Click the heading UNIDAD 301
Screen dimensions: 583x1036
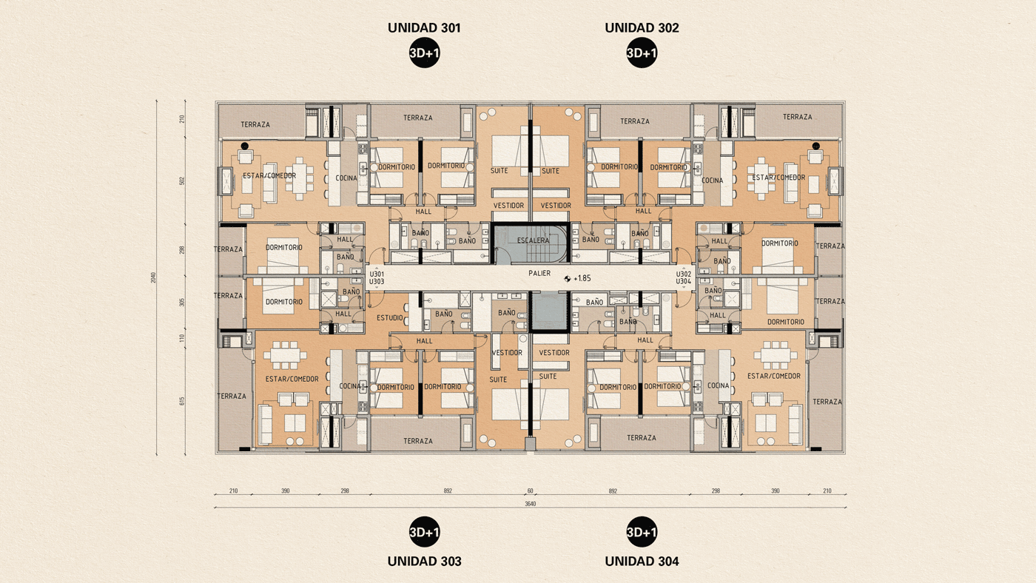[x=424, y=28]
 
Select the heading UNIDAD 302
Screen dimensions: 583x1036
[x=642, y=28]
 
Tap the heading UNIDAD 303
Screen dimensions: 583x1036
[x=424, y=561]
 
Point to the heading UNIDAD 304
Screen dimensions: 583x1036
[x=642, y=561]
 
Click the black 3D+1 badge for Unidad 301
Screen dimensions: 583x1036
[x=424, y=53]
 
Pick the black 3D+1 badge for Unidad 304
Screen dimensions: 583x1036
[x=642, y=532]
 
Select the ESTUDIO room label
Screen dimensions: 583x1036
[x=390, y=318]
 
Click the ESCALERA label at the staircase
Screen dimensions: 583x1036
[x=533, y=240]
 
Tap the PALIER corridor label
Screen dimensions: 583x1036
[x=539, y=273]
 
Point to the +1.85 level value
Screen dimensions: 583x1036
[x=582, y=279]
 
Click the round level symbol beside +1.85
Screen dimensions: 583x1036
[x=567, y=279]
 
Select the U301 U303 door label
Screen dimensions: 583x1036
[x=376, y=277]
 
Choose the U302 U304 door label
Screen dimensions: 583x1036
[x=683, y=277]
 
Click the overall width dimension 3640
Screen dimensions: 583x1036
[x=530, y=504]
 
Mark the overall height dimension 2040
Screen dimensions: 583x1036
[x=154, y=278]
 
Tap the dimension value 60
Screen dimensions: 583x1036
[x=530, y=491]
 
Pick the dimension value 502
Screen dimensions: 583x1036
[x=182, y=181]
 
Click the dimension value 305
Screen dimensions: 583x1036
[x=182, y=302]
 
